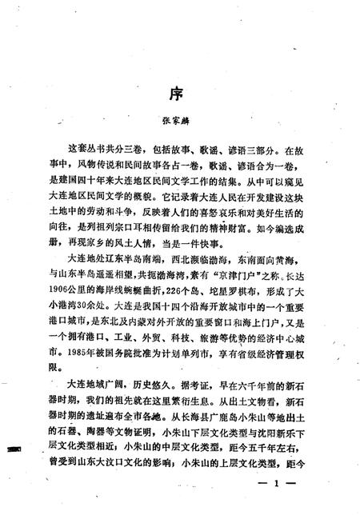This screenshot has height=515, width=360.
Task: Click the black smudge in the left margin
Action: click(11, 450)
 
